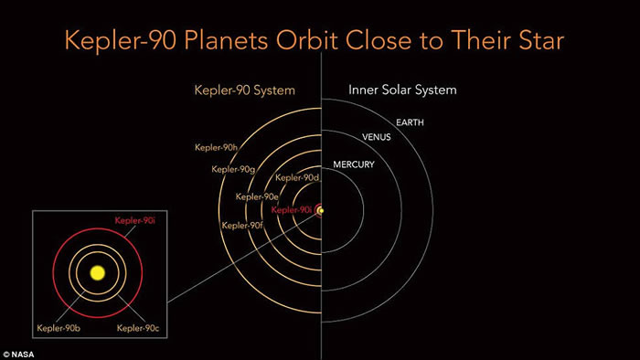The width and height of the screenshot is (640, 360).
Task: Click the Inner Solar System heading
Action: click(x=403, y=90)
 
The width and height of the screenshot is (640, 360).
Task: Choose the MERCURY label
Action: click(x=353, y=164)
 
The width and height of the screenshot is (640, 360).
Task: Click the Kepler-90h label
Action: click(x=217, y=147)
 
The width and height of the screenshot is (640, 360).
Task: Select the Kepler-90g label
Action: click(x=232, y=168)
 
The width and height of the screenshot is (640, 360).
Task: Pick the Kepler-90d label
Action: click(x=296, y=177)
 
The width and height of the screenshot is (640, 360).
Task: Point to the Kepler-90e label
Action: click(x=256, y=196)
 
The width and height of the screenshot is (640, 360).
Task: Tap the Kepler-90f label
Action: click(x=242, y=225)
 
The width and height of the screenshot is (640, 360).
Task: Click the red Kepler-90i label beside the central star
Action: click(x=293, y=210)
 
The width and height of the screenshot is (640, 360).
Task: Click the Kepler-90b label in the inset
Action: click(x=59, y=326)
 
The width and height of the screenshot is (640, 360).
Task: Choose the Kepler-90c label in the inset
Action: click(x=133, y=326)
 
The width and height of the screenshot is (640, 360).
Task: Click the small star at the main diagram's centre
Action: click(x=322, y=210)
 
